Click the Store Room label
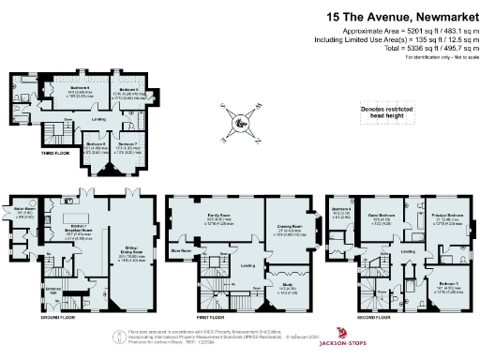(180, 251)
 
